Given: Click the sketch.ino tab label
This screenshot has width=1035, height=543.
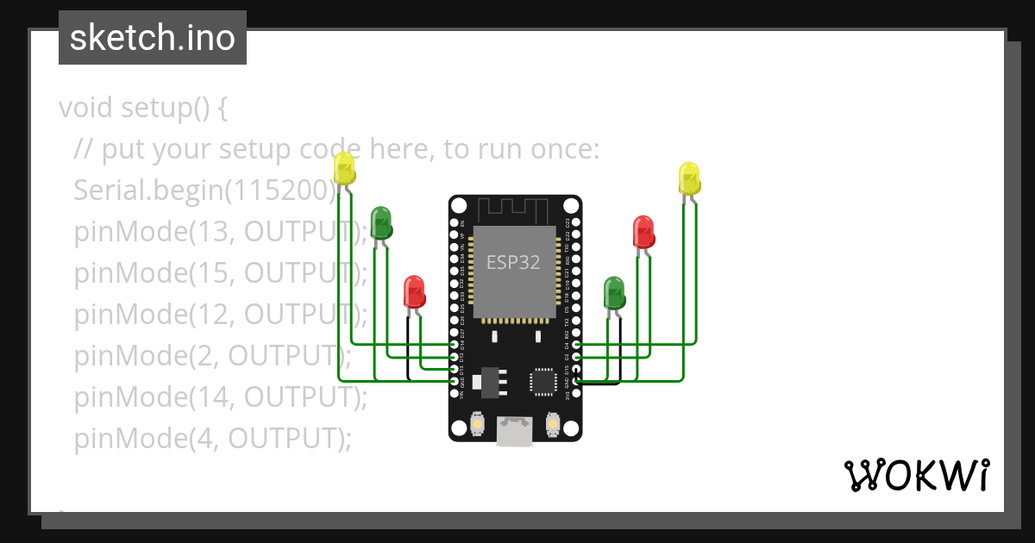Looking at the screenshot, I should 153,38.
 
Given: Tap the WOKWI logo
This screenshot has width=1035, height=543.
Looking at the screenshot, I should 916,475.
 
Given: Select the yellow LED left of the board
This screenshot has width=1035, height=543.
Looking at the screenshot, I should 344,169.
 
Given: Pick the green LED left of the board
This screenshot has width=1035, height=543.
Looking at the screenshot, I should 381,222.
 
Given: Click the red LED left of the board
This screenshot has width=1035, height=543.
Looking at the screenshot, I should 414,292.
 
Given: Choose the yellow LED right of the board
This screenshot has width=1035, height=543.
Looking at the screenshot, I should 689,178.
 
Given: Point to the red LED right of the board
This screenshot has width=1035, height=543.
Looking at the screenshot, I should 643,232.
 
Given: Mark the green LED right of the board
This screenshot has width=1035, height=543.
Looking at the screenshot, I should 614,293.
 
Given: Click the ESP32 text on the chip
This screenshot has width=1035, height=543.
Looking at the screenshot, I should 513,262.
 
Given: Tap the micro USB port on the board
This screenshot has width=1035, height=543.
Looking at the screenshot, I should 514,431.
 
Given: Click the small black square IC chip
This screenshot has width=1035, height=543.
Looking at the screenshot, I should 544,381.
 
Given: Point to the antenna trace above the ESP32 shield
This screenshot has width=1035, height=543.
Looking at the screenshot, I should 514,209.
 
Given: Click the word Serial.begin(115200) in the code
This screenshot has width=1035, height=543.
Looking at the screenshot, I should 205,190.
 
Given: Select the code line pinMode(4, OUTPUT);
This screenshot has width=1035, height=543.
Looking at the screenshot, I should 213,438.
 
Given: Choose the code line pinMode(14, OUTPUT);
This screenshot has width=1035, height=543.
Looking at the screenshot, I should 221,396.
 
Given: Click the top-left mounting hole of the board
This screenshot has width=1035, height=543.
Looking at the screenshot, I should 458,206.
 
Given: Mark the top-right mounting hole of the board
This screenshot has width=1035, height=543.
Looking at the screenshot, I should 571,206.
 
